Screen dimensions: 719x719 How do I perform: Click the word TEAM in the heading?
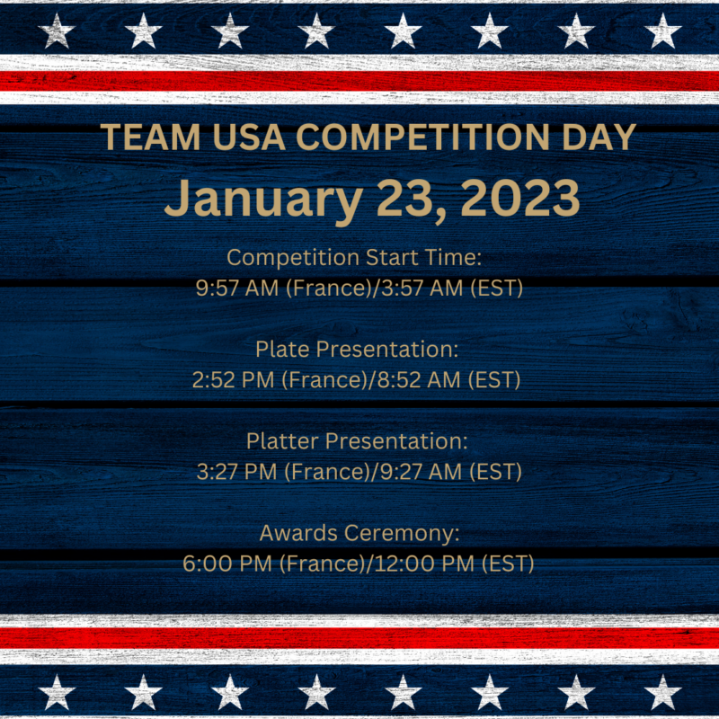coord(151,138)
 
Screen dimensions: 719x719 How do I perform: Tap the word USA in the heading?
coord(249,138)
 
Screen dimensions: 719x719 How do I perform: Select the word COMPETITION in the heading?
coord(422,138)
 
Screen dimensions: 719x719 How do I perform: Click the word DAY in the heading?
coord(599,138)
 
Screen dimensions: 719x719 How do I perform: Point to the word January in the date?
coord(263,200)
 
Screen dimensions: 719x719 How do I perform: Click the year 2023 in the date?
coord(520,198)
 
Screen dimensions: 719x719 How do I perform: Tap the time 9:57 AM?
coord(237,288)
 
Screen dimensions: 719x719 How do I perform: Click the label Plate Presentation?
coord(357,350)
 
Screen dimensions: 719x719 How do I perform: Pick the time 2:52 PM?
coord(233,379)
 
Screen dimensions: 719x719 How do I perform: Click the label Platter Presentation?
coord(357,441)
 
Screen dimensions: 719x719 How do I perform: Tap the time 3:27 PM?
coord(236,471)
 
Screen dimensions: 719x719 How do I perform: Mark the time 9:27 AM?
coord(421,471)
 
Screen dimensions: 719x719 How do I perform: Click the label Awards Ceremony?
coord(359,534)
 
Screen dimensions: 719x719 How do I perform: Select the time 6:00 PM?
coord(227,564)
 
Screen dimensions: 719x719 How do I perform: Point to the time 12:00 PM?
coord(424,564)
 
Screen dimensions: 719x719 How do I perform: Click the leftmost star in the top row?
coord(57,31)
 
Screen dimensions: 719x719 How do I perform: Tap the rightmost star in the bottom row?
coord(662,692)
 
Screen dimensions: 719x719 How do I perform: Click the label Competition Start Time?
coord(354,258)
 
